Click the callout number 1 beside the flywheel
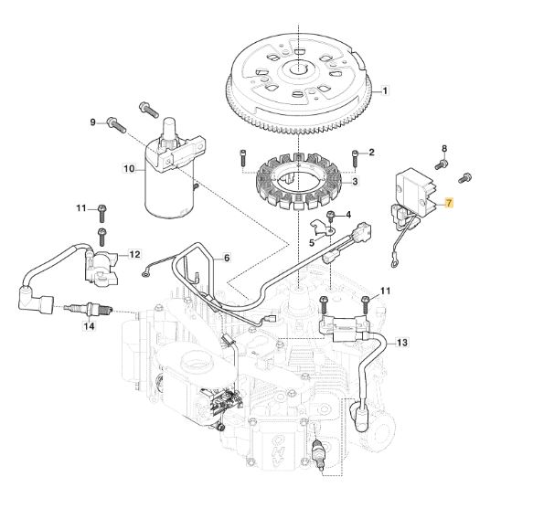coord(385,91)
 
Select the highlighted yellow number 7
coord(450,203)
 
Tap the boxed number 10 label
coord(129,168)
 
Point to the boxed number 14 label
coord(90,326)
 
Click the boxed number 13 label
coord(401,342)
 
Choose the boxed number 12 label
coord(134,254)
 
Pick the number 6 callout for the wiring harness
coord(227,258)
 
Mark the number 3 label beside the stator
coord(355,182)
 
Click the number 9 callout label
coord(93,122)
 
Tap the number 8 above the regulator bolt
coord(444,148)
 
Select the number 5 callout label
coord(312,243)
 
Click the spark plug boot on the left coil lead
coord(36,300)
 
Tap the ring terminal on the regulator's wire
coord(394,263)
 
